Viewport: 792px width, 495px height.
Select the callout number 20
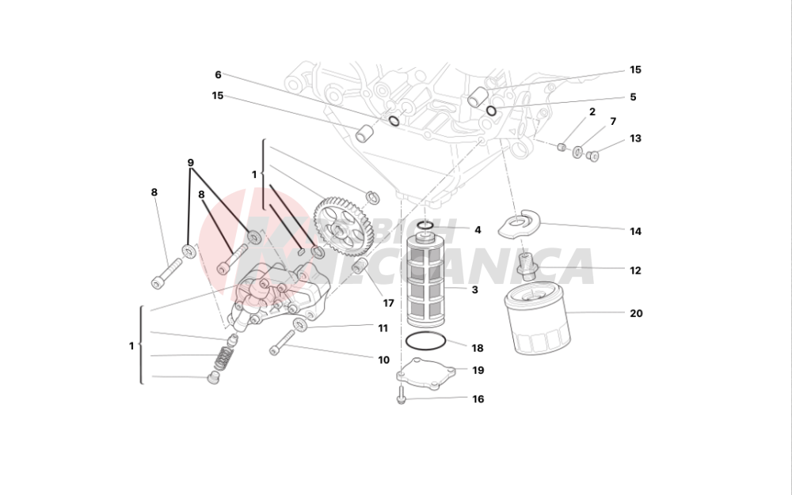[x=636, y=313]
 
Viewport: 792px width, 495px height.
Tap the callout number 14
[x=635, y=232]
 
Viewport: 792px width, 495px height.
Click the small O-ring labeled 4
[x=425, y=226]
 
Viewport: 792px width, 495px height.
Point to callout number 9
[x=191, y=163]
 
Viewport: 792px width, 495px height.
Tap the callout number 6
[x=218, y=75]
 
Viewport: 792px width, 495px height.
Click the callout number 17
[x=388, y=303]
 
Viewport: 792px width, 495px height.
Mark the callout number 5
[x=633, y=97]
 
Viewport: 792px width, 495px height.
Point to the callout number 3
[x=474, y=290]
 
